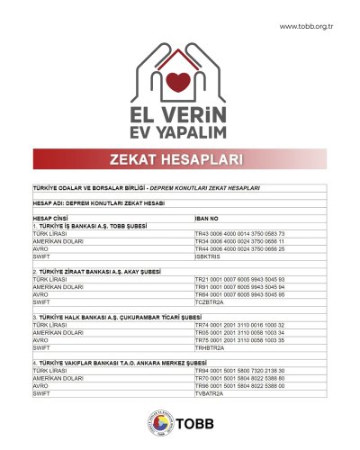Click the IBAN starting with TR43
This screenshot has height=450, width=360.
coord(239,233)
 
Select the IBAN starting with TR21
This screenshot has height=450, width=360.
coord(239,277)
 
